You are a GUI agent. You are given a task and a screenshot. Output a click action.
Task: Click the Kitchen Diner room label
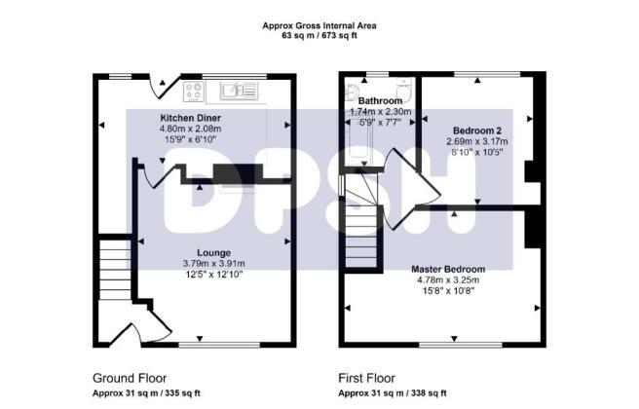pyautogui.click(x=190, y=118)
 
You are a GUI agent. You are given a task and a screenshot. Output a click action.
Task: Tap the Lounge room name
pyautogui.click(x=214, y=253)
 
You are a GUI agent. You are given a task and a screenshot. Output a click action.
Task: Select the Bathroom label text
pyautogui.click(x=380, y=100)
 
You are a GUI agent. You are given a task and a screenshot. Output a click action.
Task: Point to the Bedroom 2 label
pyautogui.click(x=477, y=130)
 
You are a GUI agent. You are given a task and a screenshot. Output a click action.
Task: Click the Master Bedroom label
pyautogui.click(x=448, y=270)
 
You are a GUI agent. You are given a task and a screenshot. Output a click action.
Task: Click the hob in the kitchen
pyautogui.click(x=194, y=91)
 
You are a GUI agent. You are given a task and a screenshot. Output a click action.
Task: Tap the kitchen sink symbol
pyautogui.click(x=239, y=91)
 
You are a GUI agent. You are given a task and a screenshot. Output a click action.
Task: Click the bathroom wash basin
pyautogui.click(x=351, y=93)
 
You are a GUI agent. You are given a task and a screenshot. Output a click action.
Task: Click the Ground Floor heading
pyautogui.click(x=130, y=378)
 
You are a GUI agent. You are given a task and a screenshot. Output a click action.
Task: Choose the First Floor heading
pyautogui.click(x=367, y=378)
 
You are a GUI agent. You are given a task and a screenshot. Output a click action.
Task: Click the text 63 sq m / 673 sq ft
pyautogui.click(x=319, y=35)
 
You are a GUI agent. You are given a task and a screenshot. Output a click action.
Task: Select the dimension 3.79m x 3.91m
pyautogui.click(x=214, y=264)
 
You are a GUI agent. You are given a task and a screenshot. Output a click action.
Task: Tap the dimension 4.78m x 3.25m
pyautogui.click(x=448, y=279)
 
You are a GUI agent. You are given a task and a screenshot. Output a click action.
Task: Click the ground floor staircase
pyautogui.click(x=115, y=270)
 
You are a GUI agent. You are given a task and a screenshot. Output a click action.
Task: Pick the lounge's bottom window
pyautogui.click(x=219, y=345)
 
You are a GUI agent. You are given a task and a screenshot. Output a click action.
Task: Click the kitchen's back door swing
pyautogui.click(x=164, y=87)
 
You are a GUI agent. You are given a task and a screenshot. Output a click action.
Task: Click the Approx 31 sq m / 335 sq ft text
pyautogui.click(x=146, y=393)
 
